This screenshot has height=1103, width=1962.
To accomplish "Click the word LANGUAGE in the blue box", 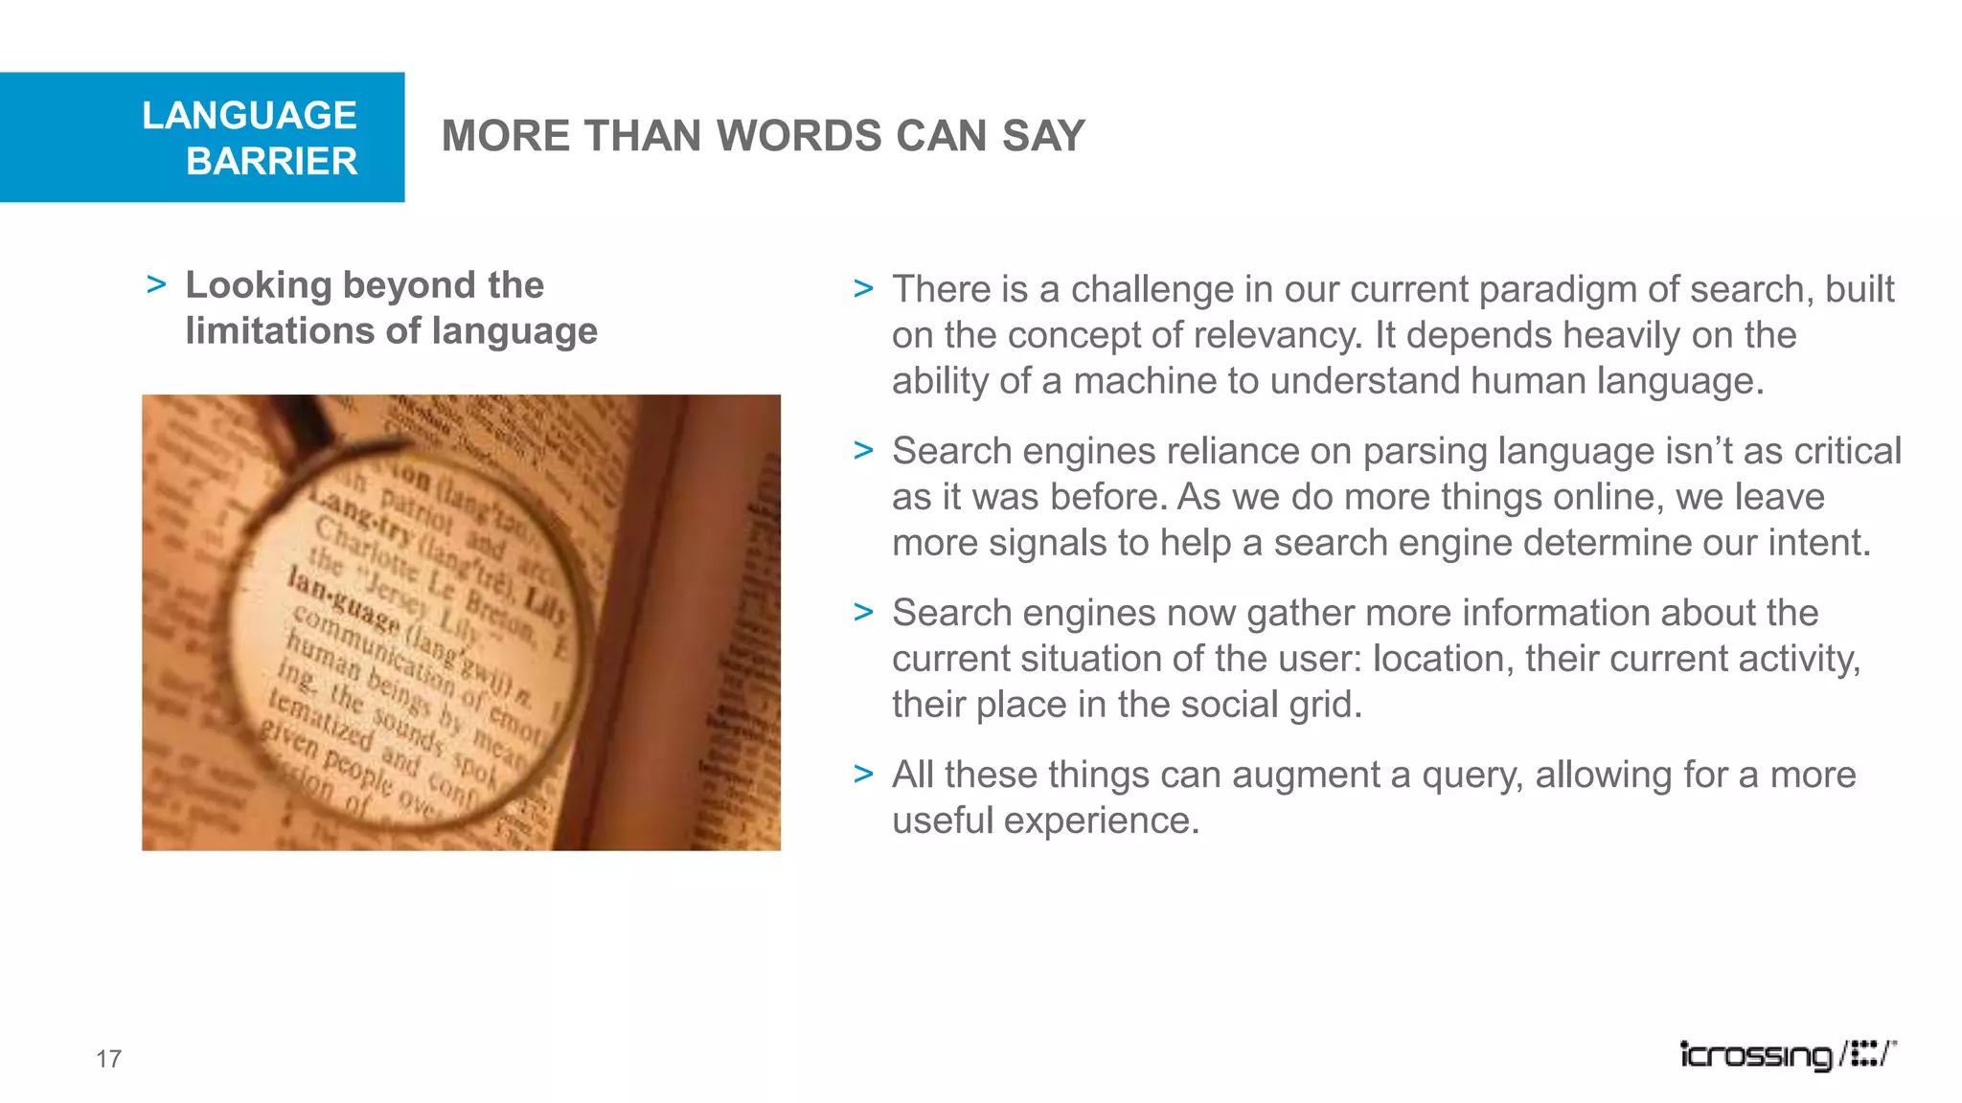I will coord(249,115).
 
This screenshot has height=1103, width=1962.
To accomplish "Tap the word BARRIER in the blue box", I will coord(272,161).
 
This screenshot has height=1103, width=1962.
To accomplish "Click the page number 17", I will coord(108,1058).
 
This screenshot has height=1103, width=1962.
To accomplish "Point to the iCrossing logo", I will coord(1787,1054).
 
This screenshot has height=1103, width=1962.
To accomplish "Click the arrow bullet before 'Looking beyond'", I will coord(157,285).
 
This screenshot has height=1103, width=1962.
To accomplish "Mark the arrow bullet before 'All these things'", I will coord(863,774).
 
